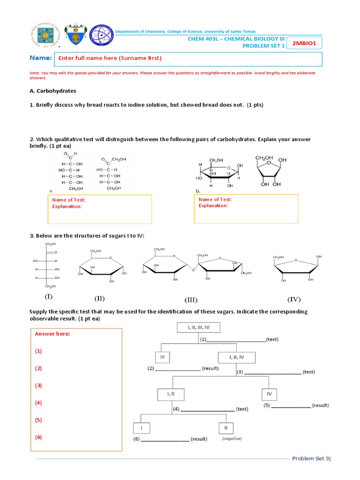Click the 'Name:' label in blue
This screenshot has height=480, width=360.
coord(40,58)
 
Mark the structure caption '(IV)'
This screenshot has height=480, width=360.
coord(294,299)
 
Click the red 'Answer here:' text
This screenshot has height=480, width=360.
coord(52,334)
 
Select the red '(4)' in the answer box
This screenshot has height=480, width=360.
coord(38,403)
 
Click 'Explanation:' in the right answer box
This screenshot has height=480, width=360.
coord(213,206)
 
